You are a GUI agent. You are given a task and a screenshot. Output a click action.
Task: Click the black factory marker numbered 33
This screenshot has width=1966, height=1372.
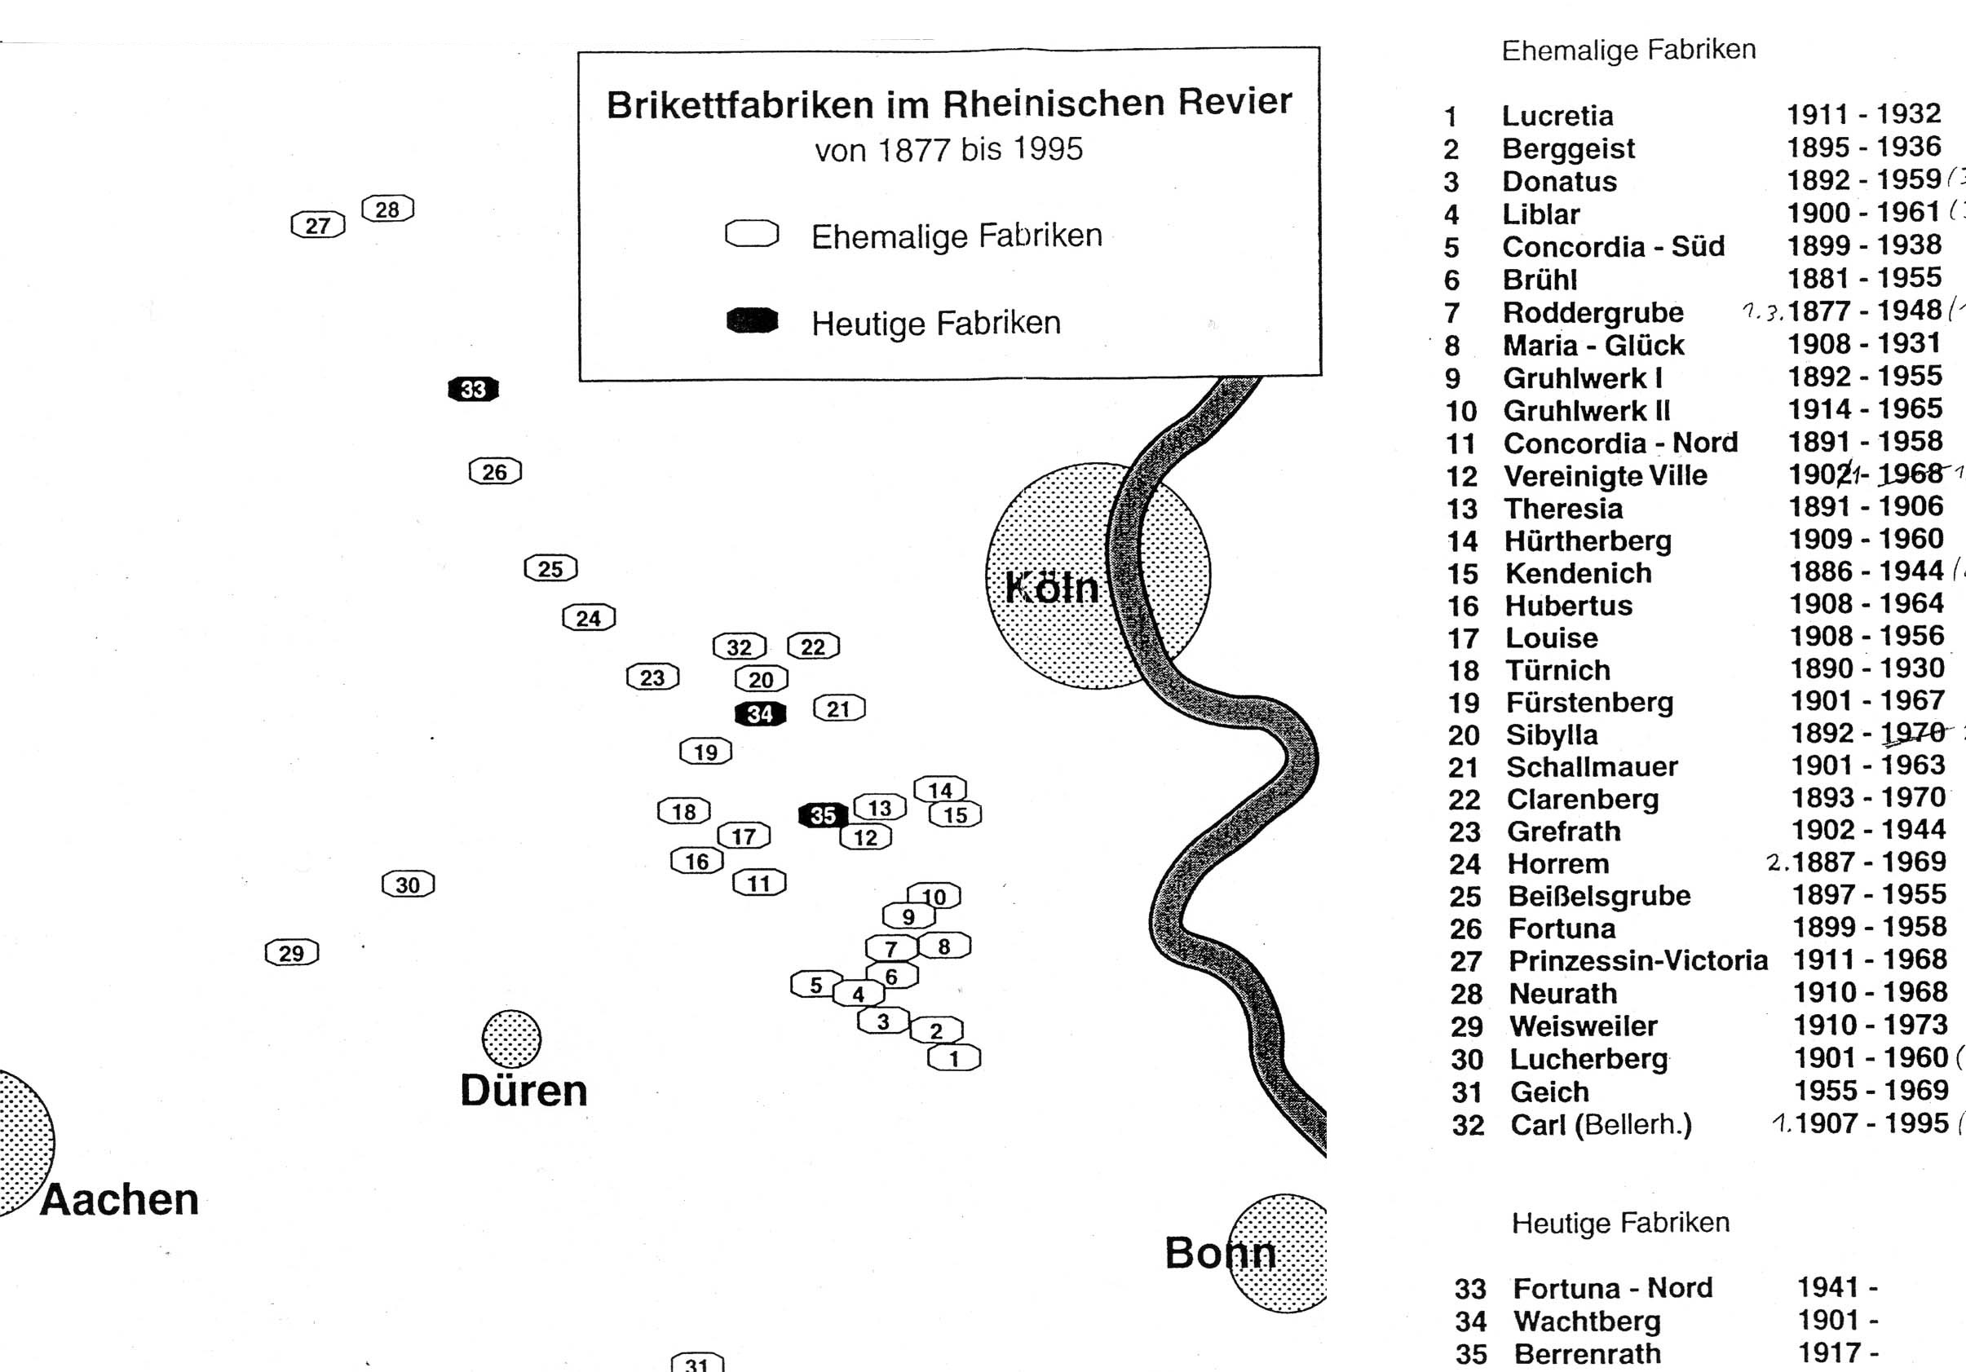(473, 390)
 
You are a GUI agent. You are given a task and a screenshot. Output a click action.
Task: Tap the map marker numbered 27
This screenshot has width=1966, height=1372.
(318, 225)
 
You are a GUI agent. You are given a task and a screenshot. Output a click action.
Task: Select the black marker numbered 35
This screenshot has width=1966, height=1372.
(822, 815)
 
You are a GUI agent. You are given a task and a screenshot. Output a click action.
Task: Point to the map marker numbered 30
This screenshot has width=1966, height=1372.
(408, 885)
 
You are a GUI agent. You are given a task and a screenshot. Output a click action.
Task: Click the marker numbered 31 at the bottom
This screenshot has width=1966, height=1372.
(697, 1362)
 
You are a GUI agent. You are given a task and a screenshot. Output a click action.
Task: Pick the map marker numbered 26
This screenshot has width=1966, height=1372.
(495, 471)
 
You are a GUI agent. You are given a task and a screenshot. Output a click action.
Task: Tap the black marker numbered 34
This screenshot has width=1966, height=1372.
(759, 713)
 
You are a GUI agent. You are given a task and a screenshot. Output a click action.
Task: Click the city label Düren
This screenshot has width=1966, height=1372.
(524, 1091)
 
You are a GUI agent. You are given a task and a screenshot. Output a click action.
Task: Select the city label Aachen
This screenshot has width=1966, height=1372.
(119, 1199)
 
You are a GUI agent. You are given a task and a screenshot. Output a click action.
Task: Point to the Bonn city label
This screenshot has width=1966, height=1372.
(1219, 1253)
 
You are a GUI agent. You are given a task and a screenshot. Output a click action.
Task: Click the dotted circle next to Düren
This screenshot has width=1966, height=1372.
(511, 1039)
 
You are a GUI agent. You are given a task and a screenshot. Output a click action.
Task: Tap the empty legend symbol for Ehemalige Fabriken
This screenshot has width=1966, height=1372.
(752, 234)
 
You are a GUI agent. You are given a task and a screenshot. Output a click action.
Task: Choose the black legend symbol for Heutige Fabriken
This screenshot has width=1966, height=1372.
(752, 321)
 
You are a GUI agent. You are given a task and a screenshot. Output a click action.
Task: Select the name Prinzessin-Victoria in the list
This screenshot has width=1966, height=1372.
(1637, 960)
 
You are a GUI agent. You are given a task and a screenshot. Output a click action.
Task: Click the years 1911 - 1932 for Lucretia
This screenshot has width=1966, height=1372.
(1863, 114)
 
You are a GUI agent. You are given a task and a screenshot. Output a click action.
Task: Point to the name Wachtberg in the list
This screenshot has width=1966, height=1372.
(1587, 1321)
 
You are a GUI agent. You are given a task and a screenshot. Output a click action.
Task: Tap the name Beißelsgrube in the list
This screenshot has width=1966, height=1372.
(1599, 895)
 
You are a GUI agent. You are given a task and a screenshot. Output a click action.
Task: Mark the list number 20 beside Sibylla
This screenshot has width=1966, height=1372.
(1464, 735)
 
